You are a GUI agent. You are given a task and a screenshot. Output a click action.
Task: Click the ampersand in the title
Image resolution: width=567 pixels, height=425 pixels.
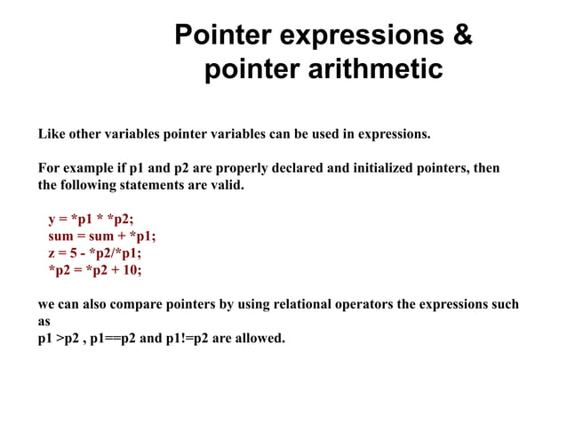pyautogui.click(x=462, y=36)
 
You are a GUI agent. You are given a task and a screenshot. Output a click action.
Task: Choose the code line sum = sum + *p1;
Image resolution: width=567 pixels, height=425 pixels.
pyautogui.click(x=101, y=237)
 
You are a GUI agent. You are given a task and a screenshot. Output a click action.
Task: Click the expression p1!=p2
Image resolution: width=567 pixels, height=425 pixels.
pyautogui.click(x=195, y=338)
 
